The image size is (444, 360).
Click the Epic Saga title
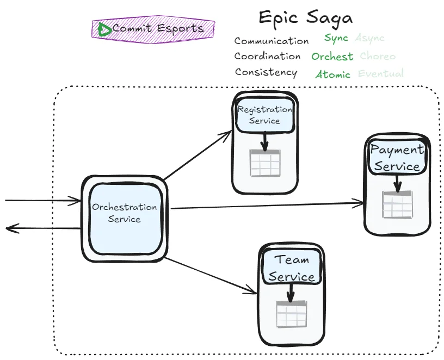305,17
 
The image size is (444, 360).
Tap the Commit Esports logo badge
153,29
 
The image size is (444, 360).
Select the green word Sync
336,38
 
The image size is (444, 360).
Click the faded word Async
369,38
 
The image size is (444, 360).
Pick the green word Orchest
332,57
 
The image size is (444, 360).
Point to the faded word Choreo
378,57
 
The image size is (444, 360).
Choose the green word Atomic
332,75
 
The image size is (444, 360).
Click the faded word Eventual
380,73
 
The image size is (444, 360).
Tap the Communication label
272,41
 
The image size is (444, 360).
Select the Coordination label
267,56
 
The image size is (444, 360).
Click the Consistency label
266,72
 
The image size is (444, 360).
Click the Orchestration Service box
125,218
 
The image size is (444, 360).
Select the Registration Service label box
265,115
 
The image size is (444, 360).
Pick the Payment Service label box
397,157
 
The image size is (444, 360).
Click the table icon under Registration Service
265,163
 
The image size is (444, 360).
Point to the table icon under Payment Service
397,205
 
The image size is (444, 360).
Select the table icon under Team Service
291,314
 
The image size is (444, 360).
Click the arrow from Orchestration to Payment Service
267,206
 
